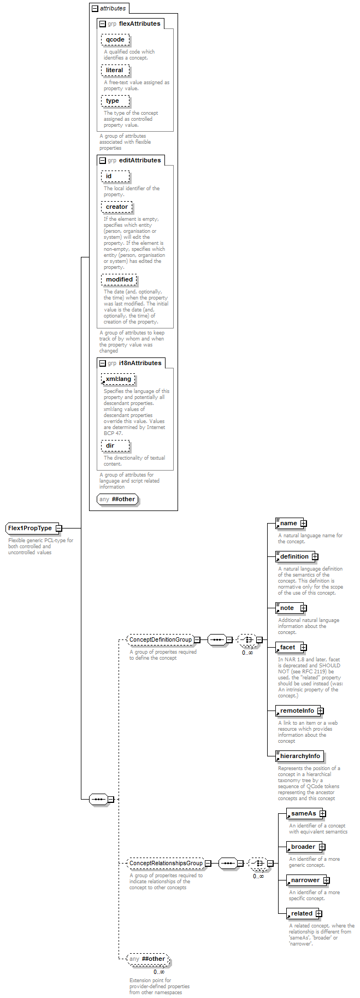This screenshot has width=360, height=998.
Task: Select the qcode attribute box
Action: [115, 39]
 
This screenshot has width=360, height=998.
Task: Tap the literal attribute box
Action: [115, 70]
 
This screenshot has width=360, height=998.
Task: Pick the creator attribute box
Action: [116, 207]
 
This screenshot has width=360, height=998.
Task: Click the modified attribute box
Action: [119, 279]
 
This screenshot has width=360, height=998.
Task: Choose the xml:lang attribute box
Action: [118, 379]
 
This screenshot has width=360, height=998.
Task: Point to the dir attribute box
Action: [115, 445]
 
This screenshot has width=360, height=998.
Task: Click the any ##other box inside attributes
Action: [117, 499]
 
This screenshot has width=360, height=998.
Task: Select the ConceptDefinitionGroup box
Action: [161, 639]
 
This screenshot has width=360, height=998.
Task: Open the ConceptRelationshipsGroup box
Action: [166, 863]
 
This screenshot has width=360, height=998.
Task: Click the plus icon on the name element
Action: [304, 524]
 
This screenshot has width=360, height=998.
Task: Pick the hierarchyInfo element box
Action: [300, 756]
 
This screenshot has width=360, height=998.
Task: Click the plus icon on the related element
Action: [319, 914]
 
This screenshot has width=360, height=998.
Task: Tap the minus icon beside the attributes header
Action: [95, 9]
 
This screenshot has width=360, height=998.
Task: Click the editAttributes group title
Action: [140, 160]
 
